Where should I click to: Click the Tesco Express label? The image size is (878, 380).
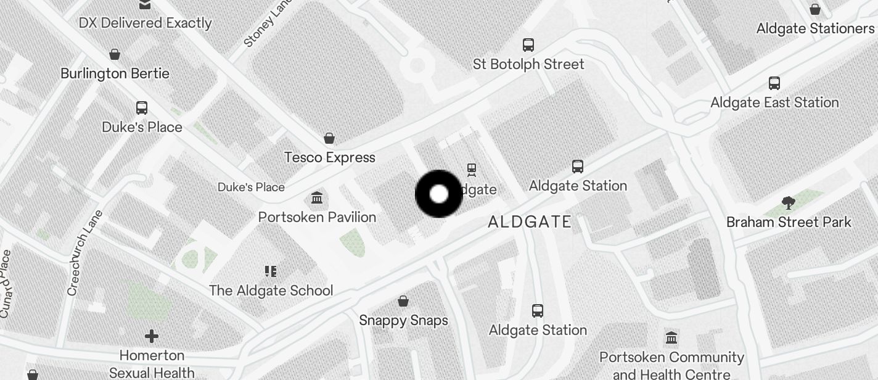click(x=329, y=157)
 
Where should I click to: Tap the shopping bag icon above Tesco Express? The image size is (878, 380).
click(x=329, y=138)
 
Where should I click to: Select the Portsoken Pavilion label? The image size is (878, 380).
click(x=317, y=217)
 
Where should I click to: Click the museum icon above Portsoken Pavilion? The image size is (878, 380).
click(x=317, y=198)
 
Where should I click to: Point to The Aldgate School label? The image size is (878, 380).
click(x=271, y=290)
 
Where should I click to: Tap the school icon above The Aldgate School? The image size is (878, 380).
click(x=270, y=271)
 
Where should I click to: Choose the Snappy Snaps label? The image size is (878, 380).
click(x=403, y=320)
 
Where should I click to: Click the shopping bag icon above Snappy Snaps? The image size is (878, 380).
click(x=403, y=301)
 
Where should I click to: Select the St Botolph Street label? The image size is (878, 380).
click(x=528, y=64)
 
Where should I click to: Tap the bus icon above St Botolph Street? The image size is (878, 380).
click(x=528, y=44)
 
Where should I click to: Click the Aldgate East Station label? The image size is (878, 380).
click(x=774, y=102)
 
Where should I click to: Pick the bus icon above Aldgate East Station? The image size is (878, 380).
click(x=774, y=83)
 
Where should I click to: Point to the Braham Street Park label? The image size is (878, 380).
click(x=789, y=222)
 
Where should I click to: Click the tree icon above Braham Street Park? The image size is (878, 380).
click(x=788, y=202)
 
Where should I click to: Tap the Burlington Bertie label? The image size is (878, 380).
click(x=115, y=73)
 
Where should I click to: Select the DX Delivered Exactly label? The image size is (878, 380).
click(x=145, y=23)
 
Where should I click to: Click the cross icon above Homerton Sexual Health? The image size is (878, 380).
click(x=152, y=336)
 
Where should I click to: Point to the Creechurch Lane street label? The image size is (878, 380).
click(x=82, y=253)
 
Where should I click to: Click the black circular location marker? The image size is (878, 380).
click(x=439, y=194)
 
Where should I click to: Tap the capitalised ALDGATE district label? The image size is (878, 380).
click(x=530, y=222)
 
